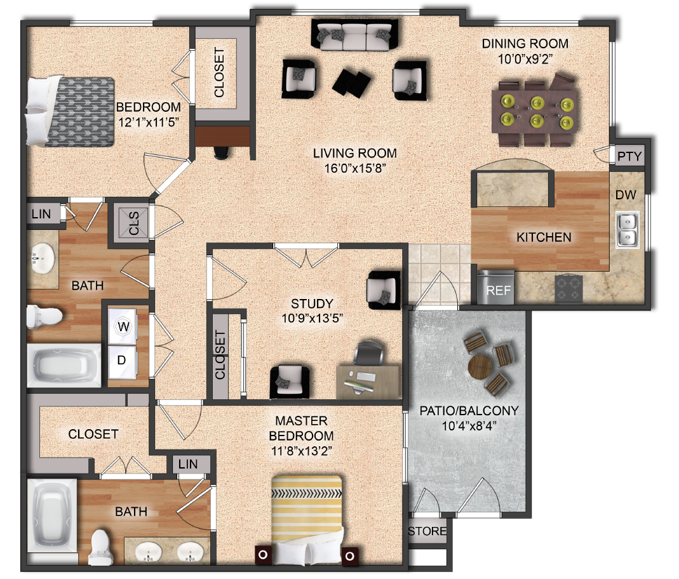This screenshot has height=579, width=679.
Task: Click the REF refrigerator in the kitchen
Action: tap(495, 286)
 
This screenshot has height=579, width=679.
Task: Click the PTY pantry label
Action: tap(629, 156)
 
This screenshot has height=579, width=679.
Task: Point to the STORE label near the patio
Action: tap(427, 531)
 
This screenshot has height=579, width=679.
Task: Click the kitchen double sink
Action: tap(628, 230)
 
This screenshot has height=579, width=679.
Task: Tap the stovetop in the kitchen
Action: tap(570, 289)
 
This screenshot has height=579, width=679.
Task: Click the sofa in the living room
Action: tap(356, 36)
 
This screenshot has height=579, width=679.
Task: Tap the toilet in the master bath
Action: tap(100, 545)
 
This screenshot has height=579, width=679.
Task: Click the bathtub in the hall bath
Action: tap(64, 366)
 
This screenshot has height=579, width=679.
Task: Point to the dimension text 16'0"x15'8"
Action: tap(354, 168)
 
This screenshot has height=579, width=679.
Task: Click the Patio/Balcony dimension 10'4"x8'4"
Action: tap(469, 425)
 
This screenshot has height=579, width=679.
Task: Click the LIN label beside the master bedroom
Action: tap(188, 464)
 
